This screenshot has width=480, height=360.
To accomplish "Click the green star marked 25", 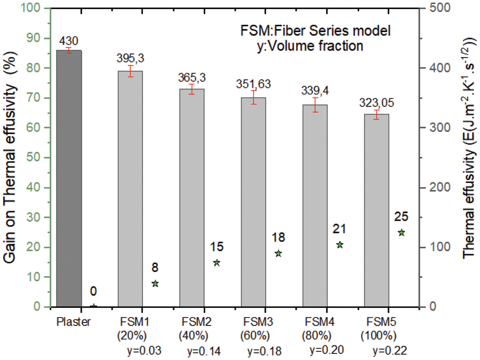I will (x=402, y=233).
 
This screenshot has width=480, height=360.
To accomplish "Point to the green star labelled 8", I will (x=155, y=284).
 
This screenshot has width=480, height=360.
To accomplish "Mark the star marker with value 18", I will (x=278, y=253).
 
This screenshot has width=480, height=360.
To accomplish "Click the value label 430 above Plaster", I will (x=69, y=40).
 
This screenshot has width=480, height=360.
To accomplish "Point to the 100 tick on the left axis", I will (x=35, y=9).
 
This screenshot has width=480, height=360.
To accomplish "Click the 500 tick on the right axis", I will (x=436, y=9).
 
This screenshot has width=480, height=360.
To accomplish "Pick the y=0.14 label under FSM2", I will (x=205, y=350).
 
